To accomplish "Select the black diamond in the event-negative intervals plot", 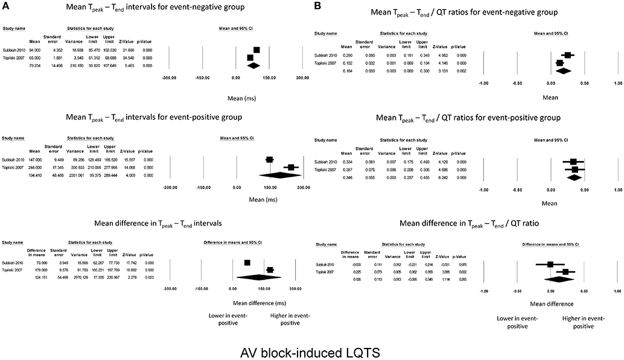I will pyautogui.click(x=253, y=65).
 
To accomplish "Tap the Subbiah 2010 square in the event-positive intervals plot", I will pyautogui.click(x=270, y=159).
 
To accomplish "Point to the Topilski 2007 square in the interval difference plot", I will pyautogui.click(x=270, y=270).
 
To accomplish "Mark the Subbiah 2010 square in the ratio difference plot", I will pyautogui.click(x=550, y=265).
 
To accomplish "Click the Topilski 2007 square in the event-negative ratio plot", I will pyautogui.click(x=559, y=63).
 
